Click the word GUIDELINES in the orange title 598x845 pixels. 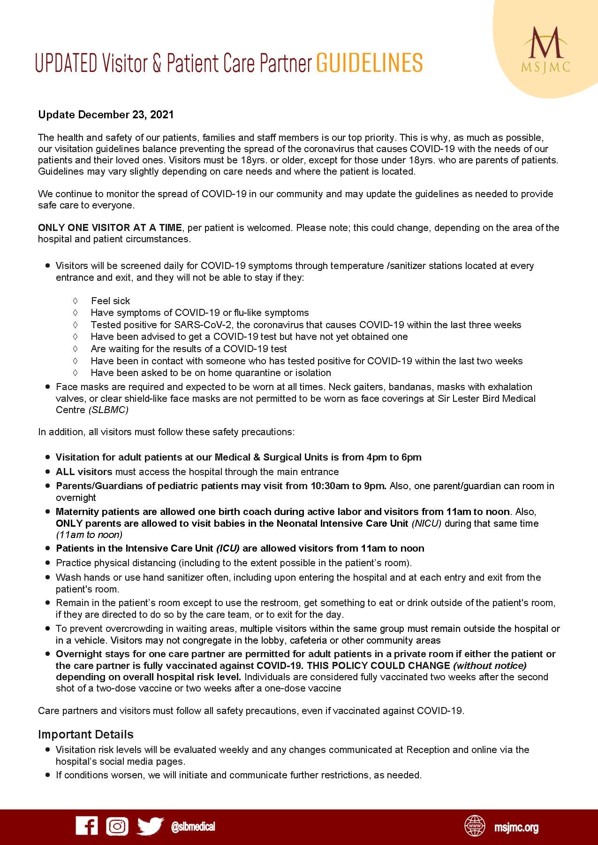click(370, 63)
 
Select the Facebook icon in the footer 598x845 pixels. click(87, 826)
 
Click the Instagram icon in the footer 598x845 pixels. click(117, 826)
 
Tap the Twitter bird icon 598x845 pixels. click(150, 826)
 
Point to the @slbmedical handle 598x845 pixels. click(193, 827)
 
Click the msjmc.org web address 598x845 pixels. click(516, 827)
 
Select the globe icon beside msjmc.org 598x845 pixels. click(475, 827)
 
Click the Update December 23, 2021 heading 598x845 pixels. click(106, 115)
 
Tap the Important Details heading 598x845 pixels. click(86, 734)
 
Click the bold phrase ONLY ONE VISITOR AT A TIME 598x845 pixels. click(110, 228)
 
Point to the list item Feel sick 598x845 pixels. click(111, 301)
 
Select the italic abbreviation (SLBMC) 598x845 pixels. click(108, 410)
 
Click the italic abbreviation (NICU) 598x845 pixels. click(426, 523)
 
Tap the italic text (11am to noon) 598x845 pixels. click(89, 535)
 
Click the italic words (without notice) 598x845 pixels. click(490, 666)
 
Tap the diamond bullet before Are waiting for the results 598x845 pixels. click(75, 349)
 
